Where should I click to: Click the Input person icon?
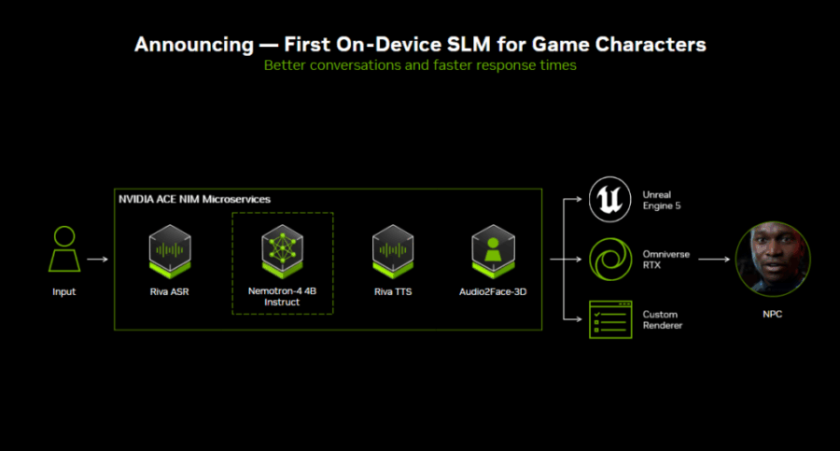pos(63,249)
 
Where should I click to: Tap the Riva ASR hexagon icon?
pos(170,250)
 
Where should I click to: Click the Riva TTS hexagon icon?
pos(393,250)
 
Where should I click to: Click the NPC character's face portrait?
pos(772,260)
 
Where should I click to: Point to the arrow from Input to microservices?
pos(96,259)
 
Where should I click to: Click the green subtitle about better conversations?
pos(420,65)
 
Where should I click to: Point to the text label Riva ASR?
pos(170,292)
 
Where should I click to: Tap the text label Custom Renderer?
pos(662,319)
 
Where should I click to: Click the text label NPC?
pos(772,315)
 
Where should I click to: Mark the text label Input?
pos(63,292)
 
